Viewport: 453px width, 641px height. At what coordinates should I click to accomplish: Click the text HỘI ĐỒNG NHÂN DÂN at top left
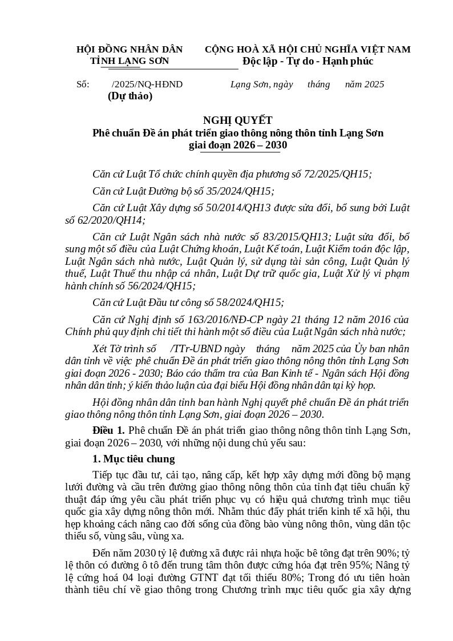pos(130,50)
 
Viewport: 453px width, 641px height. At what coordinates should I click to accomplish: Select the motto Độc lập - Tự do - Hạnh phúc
pos(308,61)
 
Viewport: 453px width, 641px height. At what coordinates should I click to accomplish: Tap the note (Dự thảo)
pos(130,96)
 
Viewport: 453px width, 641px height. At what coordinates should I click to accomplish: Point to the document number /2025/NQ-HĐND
pos(147,84)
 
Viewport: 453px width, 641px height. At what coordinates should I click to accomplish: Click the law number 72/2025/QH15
pos(337,175)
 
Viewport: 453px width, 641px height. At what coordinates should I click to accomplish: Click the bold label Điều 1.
pos(108,430)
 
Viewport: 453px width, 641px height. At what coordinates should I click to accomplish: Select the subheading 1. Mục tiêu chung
pos(134,459)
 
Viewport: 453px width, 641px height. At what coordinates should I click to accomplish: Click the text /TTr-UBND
pos(193,349)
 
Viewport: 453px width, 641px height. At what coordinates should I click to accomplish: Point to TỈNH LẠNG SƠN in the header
pos(130,61)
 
